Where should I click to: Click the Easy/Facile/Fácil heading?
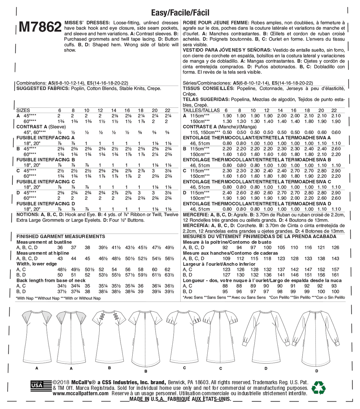pyautogui.click(x=180, y=13)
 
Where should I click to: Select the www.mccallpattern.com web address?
pyautogui.click(x=81, y=393)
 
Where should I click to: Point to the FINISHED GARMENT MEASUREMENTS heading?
pyautogui.click(x=61, y=236)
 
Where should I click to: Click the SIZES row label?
pyautogui.click(x=23, y=110)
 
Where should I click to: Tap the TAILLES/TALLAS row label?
pyautogui.click(x=201, y=110)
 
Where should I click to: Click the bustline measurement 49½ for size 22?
pyautogui.click(x=169, y=248)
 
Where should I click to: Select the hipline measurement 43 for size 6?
pyautogui.click(x=60, y=259)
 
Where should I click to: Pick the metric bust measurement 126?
pyautogui.click(x=335, y=248)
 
